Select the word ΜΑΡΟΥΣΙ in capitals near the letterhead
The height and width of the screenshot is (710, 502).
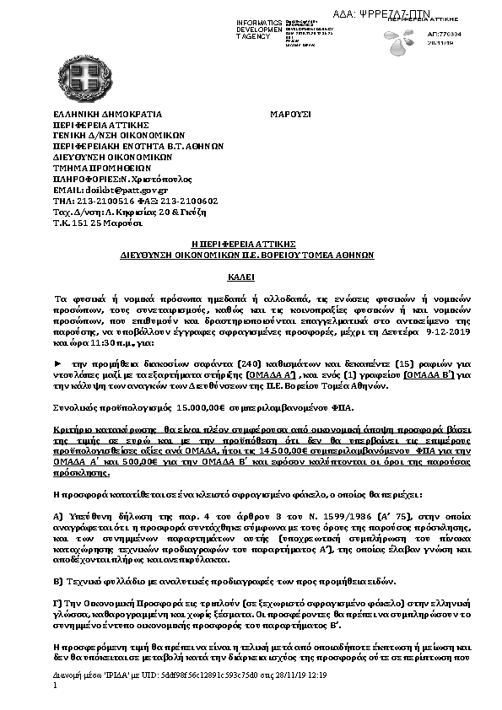pos(291,113)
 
